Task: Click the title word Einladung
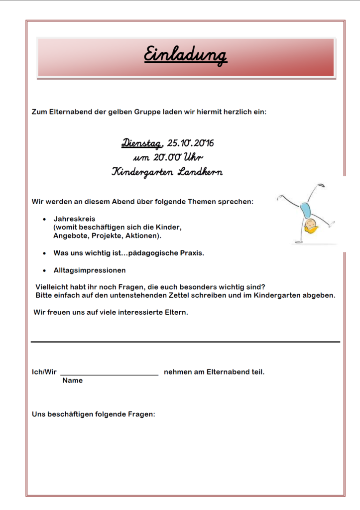pyautogui.click(x=185, y=55)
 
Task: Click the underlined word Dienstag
pyautogui.click(x=142, y=143)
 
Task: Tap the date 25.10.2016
pyautogui.click(x=190, y=143)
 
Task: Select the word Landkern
pyautogui.click(x=199, y=172)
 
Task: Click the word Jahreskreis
pyautogui.click(x=74, y=219)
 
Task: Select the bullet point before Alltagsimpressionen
pyautogui.click(x=45, y=270)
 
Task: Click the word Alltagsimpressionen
pyautogui.click(x=90, y=270)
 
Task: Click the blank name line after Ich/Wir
pyautogui.click(x=109, y=374)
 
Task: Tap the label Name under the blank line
pyautogui.click(x=72, y=381)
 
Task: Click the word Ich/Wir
pyautogui.click(x=44, y=372)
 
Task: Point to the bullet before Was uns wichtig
pyautogui.click(x=45, y=253)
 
